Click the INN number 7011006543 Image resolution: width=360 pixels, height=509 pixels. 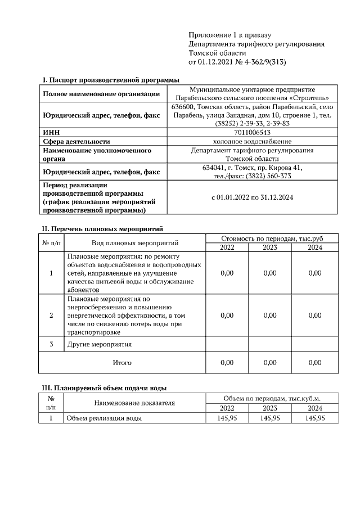(251, 132)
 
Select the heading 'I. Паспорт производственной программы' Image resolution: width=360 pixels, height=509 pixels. (107, 79)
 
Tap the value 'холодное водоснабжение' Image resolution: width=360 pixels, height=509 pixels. (251, 141)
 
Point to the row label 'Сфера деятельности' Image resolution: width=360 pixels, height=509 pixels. (76, 141)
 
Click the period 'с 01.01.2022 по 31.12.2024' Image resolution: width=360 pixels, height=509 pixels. (251, 197)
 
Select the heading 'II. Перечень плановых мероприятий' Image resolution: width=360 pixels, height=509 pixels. (102, 229)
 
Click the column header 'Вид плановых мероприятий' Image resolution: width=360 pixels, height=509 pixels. (135, 243)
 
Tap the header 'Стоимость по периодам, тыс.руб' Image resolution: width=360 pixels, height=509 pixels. (272, 238)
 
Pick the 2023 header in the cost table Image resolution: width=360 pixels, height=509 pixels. (270, 247)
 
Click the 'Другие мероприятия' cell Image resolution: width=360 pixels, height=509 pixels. (99, 344)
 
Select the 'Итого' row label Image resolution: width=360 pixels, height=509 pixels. (122, 363)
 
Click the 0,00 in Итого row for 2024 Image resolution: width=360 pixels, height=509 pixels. (315, 363)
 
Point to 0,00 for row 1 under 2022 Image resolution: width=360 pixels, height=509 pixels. (227, 273)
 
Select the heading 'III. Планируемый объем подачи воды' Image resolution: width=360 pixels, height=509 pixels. (104, 388)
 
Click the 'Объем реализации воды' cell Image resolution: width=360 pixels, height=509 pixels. (104, 418)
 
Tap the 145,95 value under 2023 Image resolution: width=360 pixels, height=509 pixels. (270, 418)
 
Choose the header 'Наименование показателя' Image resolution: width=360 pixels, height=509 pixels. (134, 403)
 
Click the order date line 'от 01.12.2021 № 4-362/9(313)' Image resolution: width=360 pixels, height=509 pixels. (237, 61)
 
